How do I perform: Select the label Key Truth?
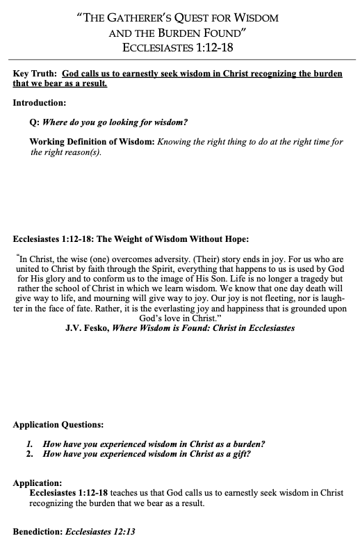[35, 74]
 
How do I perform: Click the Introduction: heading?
[40, 103]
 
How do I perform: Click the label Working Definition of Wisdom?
[92, 142]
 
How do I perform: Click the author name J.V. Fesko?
[85, 327]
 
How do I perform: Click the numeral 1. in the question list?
[31, 444]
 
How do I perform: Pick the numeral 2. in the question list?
[31, 454]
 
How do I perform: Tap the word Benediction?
[38, 531]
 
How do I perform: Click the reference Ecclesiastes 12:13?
[99, 531]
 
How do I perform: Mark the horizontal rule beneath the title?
[180, 60]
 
